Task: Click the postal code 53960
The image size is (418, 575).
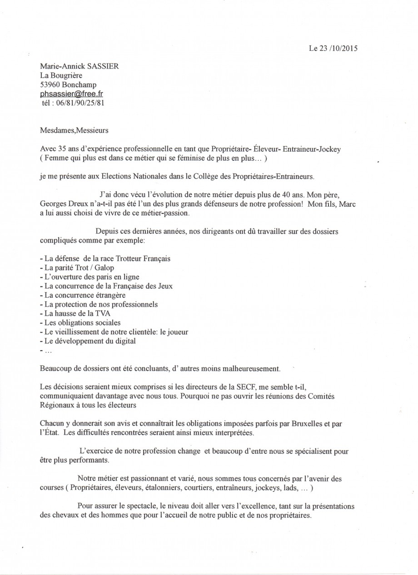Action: pyautogui.click(x=50, y=84)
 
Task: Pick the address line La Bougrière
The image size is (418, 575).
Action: pyautogui.click(x=60, y=75)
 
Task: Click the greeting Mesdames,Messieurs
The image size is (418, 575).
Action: pyautogui.click(x=74, y=131)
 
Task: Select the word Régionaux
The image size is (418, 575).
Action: pyautogui.click(x=57, y=405)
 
